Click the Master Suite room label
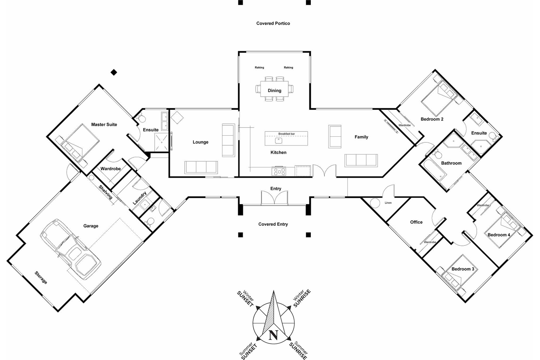click(x=104, y=124)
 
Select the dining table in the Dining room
click(x=274, y=90)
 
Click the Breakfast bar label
click(x=287, y=134)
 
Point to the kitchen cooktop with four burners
click(x=279, y=172)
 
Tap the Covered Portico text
click(x=273, y=24)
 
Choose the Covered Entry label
click(x=273, y=224)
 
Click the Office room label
click(x=416, y=222)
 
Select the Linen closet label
click(x=388, y=203)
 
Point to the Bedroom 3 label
click(x=463, y=269)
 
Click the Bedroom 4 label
click(x=499, y=235)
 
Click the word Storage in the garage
click(x=41, y=277)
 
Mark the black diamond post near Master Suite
click(x=114, y=72)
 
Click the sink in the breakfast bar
click(x=279, y=141)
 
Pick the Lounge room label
click(x=200, y=142)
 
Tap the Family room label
click(x=361, y=137)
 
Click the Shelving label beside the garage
click(x=105, y=192)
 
